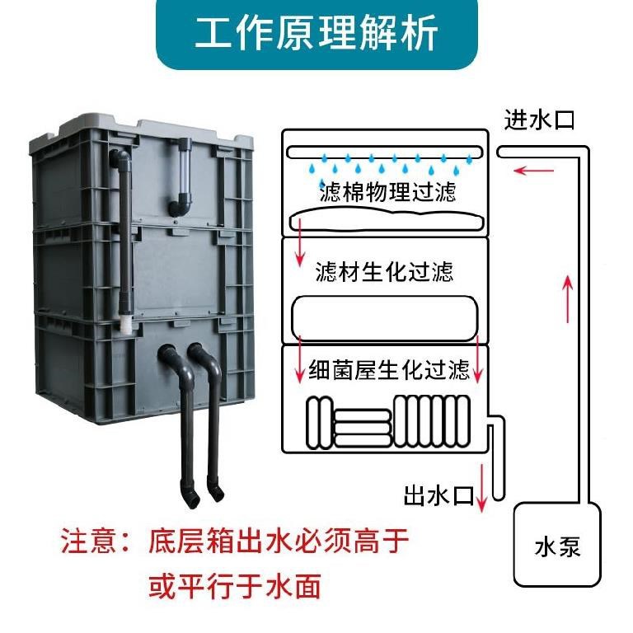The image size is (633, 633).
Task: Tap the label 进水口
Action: (539, 120)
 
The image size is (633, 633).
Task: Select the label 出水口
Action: (438, 496)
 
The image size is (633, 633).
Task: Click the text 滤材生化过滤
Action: (384, 271)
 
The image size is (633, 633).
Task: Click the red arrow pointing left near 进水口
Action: (531, 171)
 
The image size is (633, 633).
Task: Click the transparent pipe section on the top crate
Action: (182, 169)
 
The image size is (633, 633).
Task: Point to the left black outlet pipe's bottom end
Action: (190, 497)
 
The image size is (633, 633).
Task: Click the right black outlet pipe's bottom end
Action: (217, 494)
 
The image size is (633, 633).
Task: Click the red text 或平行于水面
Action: (233, 587)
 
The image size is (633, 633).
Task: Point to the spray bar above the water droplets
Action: (384, 152)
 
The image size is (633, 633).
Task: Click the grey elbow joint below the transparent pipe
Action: (181, 202)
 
